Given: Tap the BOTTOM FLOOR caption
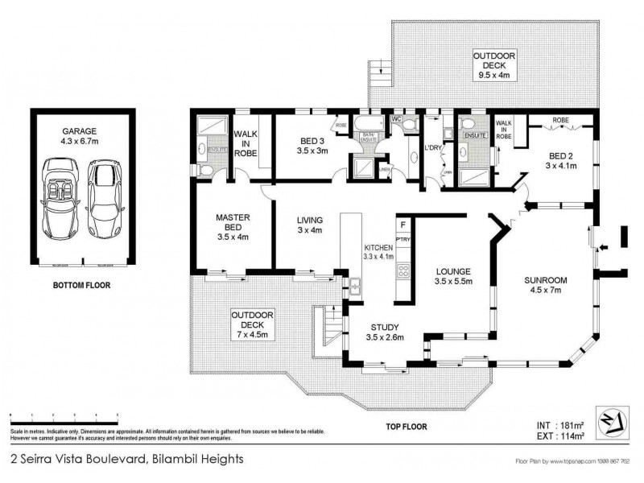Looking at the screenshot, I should pyautogui.click(x=81, y=285).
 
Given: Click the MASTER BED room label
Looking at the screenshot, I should pyautogui.click(x=233, y=227).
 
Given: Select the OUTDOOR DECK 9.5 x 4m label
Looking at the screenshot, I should pyautogui.click(x=493, y=65).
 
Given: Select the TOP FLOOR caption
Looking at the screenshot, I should pyautogui.click(x=407, y=427).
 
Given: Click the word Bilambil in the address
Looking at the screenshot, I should pyautogui.click(x=175, y=460).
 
